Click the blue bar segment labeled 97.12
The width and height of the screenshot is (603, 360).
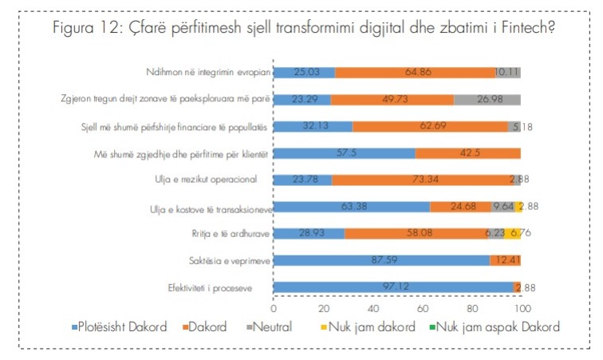click(393, 287)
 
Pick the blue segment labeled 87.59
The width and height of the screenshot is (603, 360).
click(381, 260)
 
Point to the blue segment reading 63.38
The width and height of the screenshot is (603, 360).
click(352, 207)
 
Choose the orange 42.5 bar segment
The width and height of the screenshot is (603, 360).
click(467, 153)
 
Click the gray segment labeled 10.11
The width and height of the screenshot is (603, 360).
click(507, 73)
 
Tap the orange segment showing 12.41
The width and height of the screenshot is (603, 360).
click(506, 260)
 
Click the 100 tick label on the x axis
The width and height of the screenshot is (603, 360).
click(522, 307)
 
